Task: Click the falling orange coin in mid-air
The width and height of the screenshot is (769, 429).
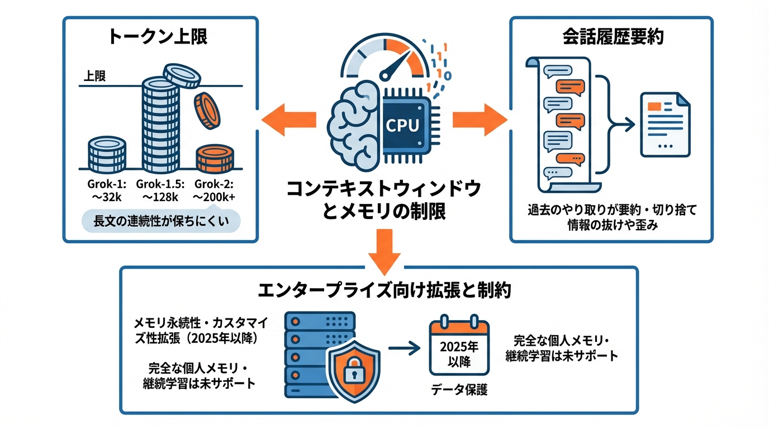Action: pyautogui.click(x=206, y=109)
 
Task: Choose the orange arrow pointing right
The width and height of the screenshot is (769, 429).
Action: pyautogui.click(x=479, y=120)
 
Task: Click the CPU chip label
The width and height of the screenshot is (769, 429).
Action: pyautogui.click(x=402, y=125)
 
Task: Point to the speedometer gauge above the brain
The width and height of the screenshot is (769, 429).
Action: pyautogui.click(x=385, y=59)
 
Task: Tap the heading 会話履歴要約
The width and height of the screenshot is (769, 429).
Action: pyautogui.click(x=612, y=37)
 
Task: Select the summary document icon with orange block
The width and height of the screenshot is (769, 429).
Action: pyautogui.click(x=664, y=125)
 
